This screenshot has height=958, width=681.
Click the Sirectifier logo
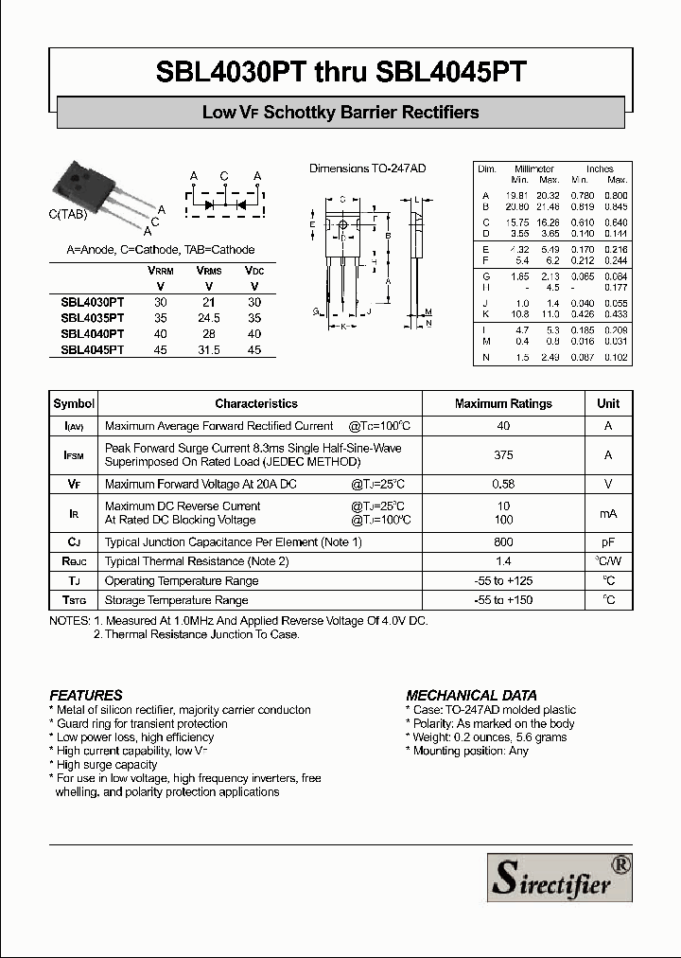coord(559,877)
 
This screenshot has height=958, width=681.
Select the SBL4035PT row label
coord(93,319)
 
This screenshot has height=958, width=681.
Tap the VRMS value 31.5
coord(208,350)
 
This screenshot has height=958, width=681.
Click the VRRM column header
coord(160,271)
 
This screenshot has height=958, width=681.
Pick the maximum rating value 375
coord(503,455)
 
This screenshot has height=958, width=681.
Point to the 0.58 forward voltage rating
coord(503,484)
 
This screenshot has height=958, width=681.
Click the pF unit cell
coord(608,542)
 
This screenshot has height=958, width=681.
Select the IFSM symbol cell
coord(74,455)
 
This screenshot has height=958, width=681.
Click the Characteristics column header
coord(256,403)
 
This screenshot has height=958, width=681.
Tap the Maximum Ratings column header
coord(503,403)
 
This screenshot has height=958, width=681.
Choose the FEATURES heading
coord(86,695)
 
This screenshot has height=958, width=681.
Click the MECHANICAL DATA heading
coord(465,695)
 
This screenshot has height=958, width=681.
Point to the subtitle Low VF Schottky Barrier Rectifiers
coord(340,113)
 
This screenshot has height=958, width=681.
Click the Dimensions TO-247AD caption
coord(368,169)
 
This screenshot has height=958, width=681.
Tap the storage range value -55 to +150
coord(503,600)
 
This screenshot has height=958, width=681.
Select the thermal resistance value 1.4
coord(503,561)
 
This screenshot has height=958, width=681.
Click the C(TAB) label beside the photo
coord(68,215)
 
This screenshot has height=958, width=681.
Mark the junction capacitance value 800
coord(503,542)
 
